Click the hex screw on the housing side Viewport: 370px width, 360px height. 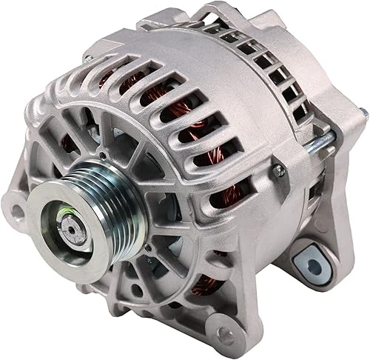(x=279, y=171)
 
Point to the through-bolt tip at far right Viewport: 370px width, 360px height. (x=363, y=113)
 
